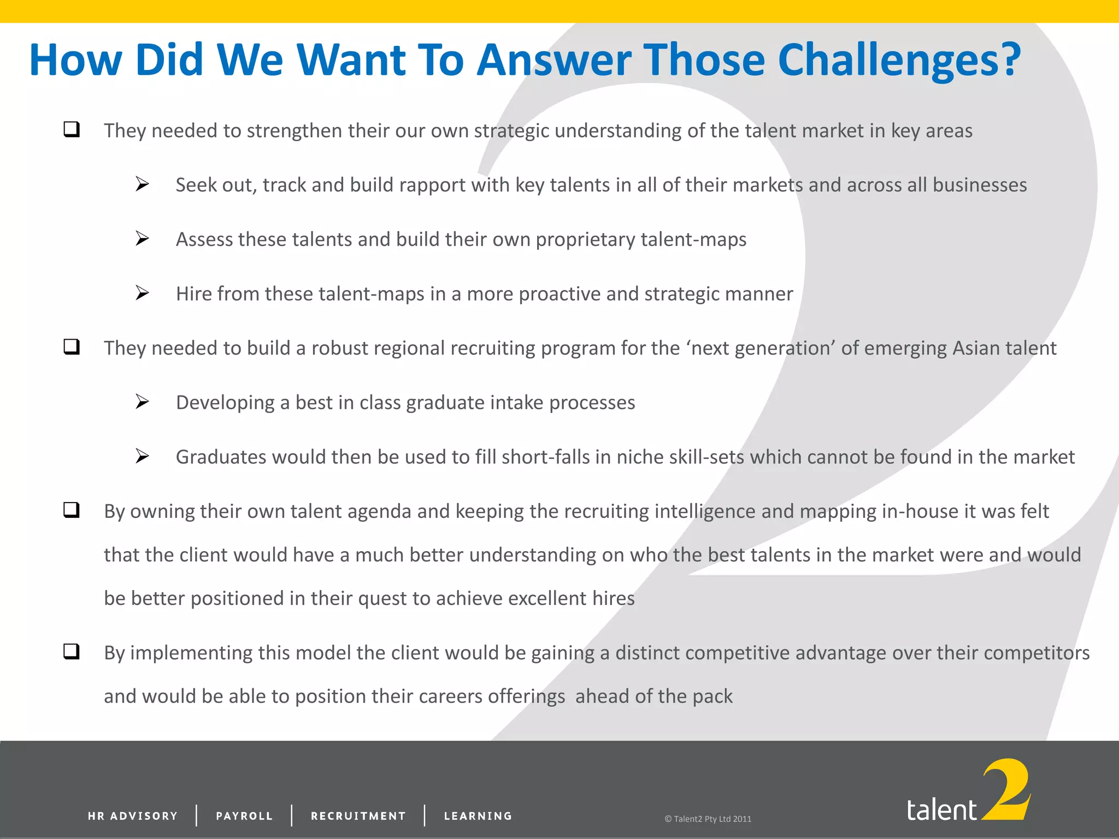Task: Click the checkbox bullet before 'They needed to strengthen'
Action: [72, 129]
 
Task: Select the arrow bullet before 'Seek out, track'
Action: [142, 184]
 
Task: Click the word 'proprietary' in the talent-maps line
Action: [585, 240]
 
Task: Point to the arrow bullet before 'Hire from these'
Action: [142, 293]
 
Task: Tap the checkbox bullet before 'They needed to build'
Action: [72, 347]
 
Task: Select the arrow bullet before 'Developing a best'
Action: [142, 401]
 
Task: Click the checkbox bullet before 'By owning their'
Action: [72, 510]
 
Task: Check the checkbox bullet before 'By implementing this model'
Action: [72, 651]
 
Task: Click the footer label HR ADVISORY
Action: [133, 816]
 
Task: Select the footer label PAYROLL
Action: [244, 816]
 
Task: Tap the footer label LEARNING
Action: [478, 816]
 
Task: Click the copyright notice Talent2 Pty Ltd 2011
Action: [708, 819]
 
